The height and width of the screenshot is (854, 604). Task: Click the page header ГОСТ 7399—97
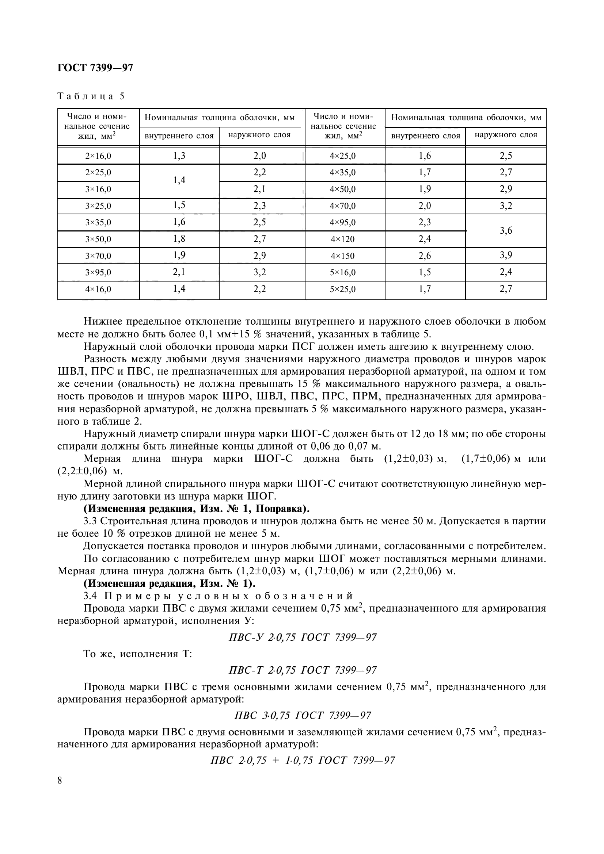pyautogui.click(x=95, y=68)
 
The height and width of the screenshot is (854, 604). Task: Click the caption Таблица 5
pyautogui.click(x=91, y=96)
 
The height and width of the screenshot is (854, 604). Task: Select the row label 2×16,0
pyautogui.click(x=98, y=156)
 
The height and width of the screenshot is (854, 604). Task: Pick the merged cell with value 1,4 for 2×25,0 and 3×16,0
pyautogui.click(x=179, y=181)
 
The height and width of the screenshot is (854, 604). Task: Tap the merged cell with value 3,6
pyautogui.click(x=506, y=231)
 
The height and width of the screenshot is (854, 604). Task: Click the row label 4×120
pyautogui.click(x=342, y=240)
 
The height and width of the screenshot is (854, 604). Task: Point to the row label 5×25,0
pyautogui.click(x=342, y=289)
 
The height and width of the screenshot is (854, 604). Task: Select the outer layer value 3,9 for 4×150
pyautogui.click(x=506, y=255)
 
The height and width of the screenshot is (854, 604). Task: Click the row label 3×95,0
pyautogui.click(x=98, y=273)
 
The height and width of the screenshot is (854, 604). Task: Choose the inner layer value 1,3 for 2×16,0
pyautogui.click(x=179, y=156)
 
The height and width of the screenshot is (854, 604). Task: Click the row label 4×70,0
pyautogui.click(x=342, y=206)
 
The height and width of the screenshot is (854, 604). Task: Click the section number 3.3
pyautogui.click(x=90, y=521)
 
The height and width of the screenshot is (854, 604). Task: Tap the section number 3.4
pyautogui.click(x=90, y=596)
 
